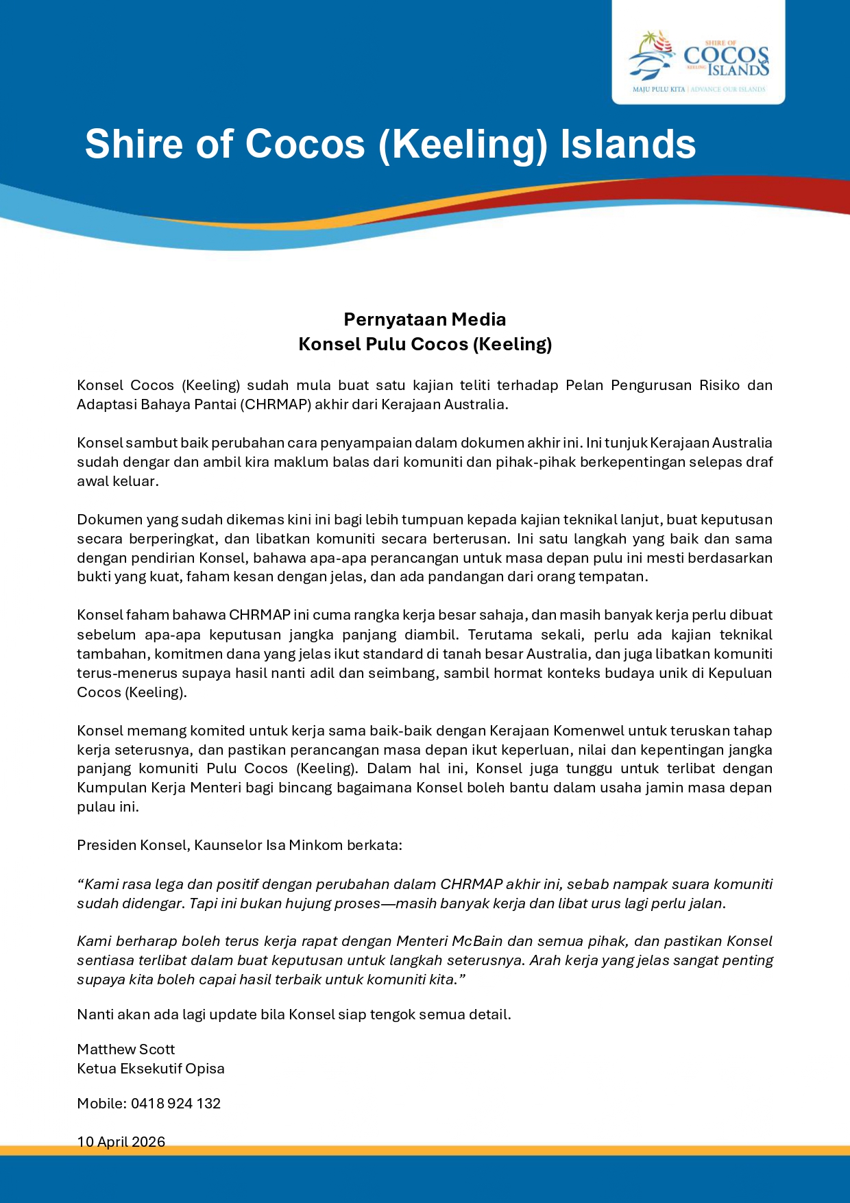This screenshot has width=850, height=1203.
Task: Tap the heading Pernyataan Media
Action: (x=424, y=319)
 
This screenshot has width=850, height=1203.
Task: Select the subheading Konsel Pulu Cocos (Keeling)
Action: (x=424, y=344)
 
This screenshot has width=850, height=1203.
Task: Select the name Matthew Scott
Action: (x=125, y=1049)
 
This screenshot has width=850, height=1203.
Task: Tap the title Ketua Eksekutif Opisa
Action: (x=150, y=1069)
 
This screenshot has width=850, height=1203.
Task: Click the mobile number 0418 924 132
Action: (x=175, y=1104)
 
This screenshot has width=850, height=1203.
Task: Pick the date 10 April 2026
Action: (x=121, y=1141)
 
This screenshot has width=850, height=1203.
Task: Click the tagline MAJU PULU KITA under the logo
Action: (x=658, y=90)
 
